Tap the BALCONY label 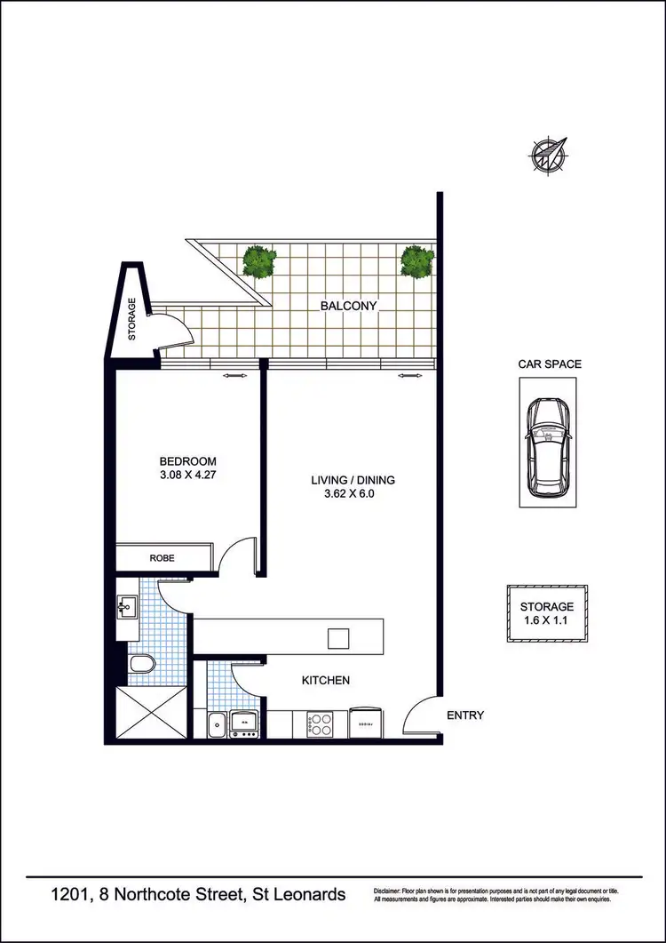pos(349,306)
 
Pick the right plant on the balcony pos(417,260)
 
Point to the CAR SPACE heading pos(550,364)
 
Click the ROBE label pos(162,558)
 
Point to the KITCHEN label pos(326,681)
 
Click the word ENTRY pos(465,715)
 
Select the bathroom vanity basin pos(124,609)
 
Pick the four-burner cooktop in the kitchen pos(319,723)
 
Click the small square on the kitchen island pos(338,638)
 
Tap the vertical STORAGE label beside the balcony pos(132,320)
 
